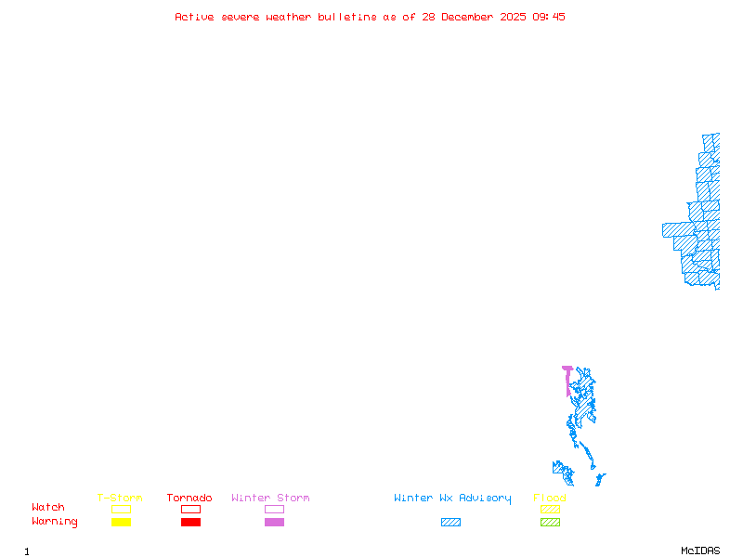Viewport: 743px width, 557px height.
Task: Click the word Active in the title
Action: click(x=195, y=17)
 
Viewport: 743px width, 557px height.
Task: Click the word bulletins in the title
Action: click(x=347, y=17)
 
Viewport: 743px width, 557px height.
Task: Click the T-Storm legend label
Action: click(x=120, y=499)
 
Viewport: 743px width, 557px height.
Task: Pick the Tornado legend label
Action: click(x=189, y=499)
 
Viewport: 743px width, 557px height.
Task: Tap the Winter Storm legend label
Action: click(x=270, y=499)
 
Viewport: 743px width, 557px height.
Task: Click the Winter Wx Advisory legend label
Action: click(x=452, y=499)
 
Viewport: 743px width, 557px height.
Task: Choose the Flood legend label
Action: click(x=550, y=499)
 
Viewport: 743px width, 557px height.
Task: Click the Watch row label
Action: click(x=48, y=508)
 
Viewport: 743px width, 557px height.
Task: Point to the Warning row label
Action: click(x=55, y=522)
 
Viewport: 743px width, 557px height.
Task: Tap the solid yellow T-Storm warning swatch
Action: click(x=121, y=523)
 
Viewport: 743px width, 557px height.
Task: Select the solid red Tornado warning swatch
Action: click(x=190, y=523)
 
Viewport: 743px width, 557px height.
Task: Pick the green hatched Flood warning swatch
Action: click(x=550, y=523)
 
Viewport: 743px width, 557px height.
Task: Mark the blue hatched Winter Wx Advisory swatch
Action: click(x=450, y=523)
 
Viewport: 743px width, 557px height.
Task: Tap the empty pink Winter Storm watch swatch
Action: click(x=274, y=509)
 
